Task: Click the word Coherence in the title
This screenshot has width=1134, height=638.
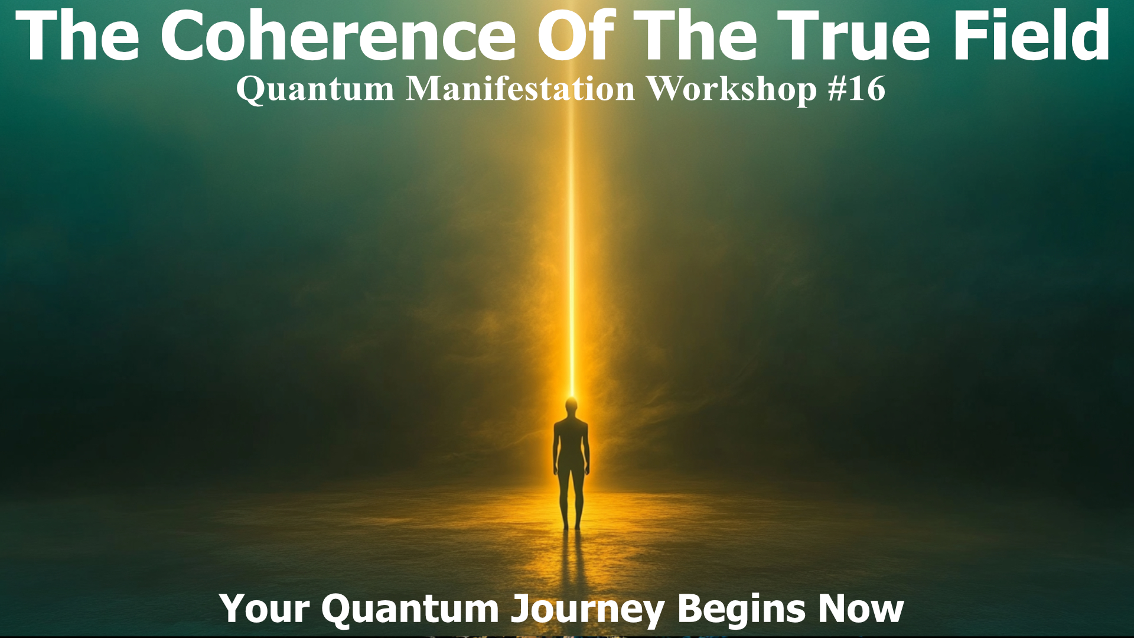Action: coord(338,35)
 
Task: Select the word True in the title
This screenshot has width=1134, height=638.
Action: coord(853,35)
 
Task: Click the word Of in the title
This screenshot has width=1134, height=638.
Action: coord(576,35)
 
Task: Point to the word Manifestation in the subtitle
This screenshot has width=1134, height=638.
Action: coord(520,89)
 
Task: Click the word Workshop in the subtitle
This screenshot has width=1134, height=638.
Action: coord(731,89)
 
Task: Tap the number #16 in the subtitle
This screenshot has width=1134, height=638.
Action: coord(856,89)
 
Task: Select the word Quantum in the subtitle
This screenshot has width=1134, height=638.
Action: coord(315,89)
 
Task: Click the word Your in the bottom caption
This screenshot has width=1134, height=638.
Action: coord(264,608)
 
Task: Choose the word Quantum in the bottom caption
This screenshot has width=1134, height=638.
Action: coord(410,608)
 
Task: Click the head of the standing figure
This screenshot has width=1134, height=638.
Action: coord(571,406)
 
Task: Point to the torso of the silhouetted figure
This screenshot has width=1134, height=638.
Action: coord(571,443)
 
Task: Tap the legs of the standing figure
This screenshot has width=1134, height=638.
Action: coord(571,499)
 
